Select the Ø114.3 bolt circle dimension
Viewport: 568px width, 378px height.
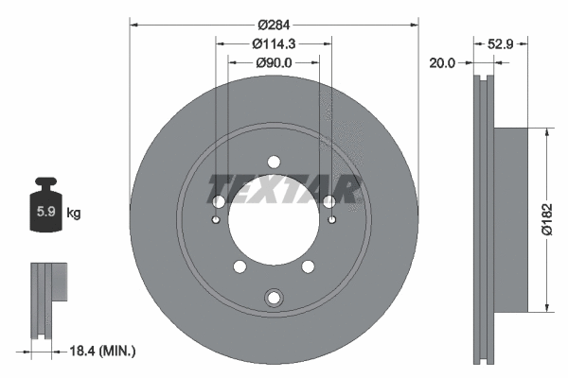coord(275,43)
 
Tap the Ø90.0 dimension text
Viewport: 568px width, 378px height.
coord(275,62)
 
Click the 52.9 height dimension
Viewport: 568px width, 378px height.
coord(501,43)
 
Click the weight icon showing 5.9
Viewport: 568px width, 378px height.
coord(45,203)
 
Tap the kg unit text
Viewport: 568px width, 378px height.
coord(74,213)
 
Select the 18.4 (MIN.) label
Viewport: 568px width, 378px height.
coord(105,352)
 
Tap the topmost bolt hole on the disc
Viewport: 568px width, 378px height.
coord(274,161)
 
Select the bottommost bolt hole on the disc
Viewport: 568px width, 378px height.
coord(274,299)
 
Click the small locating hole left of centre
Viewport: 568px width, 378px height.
coord(216,220)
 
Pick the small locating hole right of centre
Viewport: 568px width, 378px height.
coord(331,220)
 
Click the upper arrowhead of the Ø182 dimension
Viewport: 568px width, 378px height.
coord(545,134)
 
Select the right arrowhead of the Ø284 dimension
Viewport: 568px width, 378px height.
coord(415,24)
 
